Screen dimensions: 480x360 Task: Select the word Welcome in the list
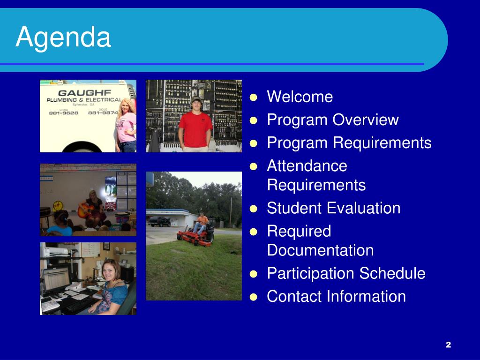(x=300, y=97)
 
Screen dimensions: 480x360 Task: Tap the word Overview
(x=366, y=120)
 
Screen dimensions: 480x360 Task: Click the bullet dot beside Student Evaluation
(x=253, y=209)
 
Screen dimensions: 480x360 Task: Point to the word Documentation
(x=320, y=250)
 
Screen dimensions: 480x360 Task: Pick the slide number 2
(x=449, y=345)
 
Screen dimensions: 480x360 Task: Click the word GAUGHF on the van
(x=84, y=93)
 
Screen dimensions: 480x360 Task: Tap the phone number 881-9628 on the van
(x=64, y=113)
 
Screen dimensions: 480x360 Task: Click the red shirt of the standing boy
(x=195, y=130)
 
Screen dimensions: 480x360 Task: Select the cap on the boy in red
(x=196, y=99)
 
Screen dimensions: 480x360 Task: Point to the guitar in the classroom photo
(x=86, y=210)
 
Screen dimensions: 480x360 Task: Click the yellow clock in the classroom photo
(x=58, y=206)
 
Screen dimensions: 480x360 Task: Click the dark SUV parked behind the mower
(x=160, y=222)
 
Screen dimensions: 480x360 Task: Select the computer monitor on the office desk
(x=56, y=280)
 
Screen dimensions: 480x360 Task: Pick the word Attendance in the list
(x=307, y=166)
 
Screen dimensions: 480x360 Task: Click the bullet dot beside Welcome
(x=253, y=97)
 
